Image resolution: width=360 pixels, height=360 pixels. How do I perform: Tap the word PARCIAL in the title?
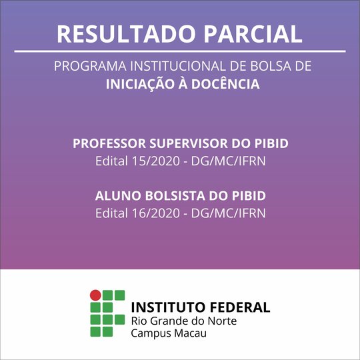coord(253,34)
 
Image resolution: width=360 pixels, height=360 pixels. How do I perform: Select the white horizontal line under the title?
coord(180,51)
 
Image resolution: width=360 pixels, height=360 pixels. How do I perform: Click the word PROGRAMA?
coord(90,66)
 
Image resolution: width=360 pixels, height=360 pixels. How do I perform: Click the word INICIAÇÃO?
coord(140,83)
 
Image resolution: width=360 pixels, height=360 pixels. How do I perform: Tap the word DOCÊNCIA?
coord(226,83)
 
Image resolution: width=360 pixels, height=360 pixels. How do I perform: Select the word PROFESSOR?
coord(109,143)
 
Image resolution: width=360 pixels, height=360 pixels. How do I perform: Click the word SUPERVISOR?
coord(189,143)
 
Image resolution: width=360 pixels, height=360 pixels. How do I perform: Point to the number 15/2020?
coord(155,161)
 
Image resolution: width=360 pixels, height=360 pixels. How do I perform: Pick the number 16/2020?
coord(155,213)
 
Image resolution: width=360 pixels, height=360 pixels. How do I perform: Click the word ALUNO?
coord(118,196)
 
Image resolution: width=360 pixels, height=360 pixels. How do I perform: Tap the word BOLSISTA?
coord(175,196)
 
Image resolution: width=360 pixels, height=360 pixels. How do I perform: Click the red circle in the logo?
coord(95,295)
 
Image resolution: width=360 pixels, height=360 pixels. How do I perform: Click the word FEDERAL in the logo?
coord(240,307)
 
